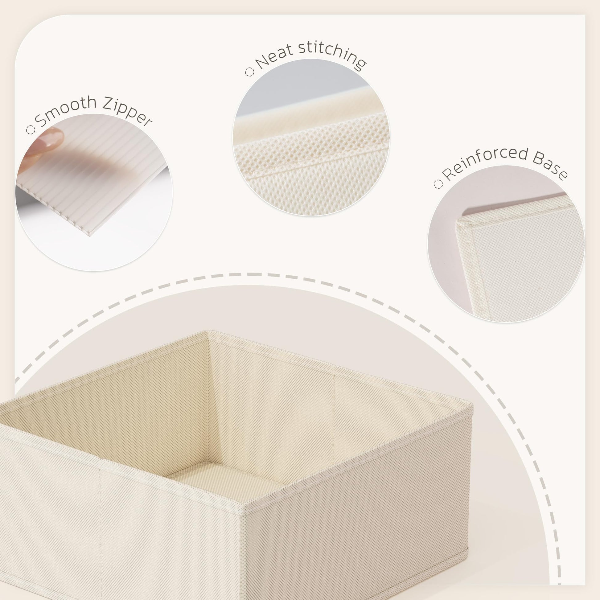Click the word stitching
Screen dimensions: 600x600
click(x=332, y=55)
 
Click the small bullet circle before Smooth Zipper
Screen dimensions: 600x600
click(x=31, y=130)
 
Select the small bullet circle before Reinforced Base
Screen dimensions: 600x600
click(x=438, y=184)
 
